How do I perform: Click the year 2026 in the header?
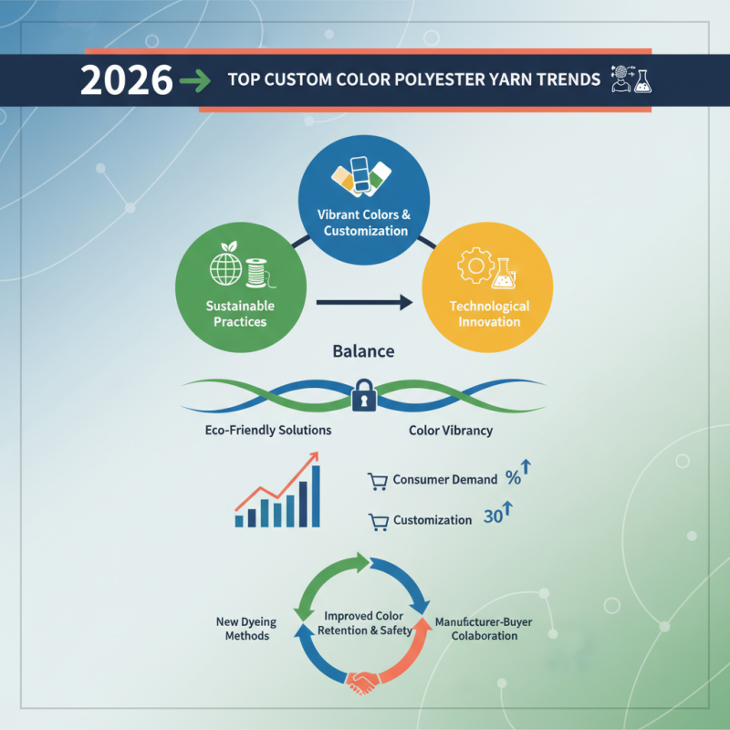[x=126, y=80]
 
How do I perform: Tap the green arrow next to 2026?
[x=194, y=81]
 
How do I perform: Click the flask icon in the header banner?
[x=643, y=80]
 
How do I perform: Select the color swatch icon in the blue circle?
[x=361, y=175]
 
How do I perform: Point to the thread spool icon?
[x=257, y=273]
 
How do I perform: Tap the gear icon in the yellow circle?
[x=475, y=266]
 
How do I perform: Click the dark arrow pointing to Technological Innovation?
[x=364, y=303]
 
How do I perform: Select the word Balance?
[x=363, y=350]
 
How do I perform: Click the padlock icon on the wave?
[x=364, y=395]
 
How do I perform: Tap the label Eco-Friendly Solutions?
[x=268, y=430]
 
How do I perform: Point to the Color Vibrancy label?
[x=451, y=430]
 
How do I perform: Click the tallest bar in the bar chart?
[x=316, y=495]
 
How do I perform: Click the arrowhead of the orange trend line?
[x=313, y=456]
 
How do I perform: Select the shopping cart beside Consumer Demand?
[x=378, y=482]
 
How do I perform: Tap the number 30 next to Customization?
[x=493, y=516]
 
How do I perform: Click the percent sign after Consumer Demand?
[x=513, y=477]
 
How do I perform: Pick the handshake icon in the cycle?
[x=361, y=683]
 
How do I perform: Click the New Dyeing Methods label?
[x=246, y=629]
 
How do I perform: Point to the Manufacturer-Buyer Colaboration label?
[x=484, y=629]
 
